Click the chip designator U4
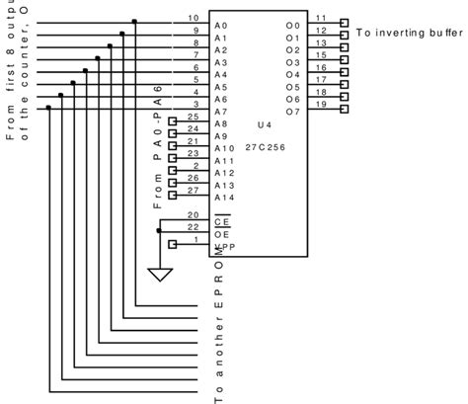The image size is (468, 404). point(264,125)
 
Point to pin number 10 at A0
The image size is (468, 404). point(192,19)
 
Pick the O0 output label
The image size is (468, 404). point(292,24)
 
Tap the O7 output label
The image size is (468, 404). point(292,112)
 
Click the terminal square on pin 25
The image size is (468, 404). point(172,121)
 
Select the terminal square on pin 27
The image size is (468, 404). point(172,195)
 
